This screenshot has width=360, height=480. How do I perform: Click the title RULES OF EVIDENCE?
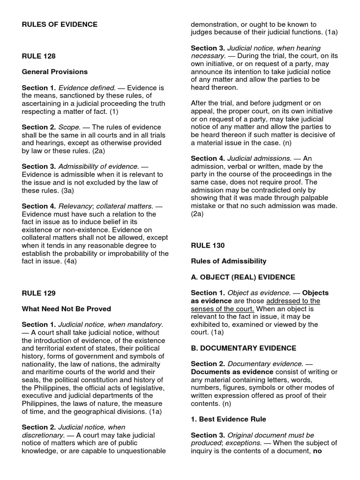click(60, 25)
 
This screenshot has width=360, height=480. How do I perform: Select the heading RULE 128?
click(38, 56)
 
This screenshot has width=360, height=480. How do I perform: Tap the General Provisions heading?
click(54, 72)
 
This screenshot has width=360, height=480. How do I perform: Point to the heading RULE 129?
click(38, 293)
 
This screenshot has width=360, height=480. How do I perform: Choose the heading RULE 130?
click(208, 245)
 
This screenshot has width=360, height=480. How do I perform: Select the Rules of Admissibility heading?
click(228, 261)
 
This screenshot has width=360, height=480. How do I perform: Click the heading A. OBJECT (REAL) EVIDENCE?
click(243, 277)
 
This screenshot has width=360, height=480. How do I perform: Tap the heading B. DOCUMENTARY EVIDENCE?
click(243, 348)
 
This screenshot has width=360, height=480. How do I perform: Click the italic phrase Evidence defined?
click(86, 88)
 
